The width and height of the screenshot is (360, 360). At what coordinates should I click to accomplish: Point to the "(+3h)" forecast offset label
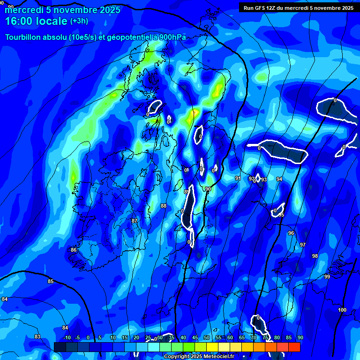(x=79, y=21)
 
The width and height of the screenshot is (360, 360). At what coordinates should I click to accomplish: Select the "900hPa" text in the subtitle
(x=171, y=37)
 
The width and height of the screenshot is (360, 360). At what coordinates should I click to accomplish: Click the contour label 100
(x=342, y=310)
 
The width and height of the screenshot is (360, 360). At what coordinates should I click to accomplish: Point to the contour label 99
(x=327, y=277)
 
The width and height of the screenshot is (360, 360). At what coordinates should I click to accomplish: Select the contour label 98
(x=315, y=256)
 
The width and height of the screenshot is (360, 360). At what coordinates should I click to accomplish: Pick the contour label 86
(x=73, y=250)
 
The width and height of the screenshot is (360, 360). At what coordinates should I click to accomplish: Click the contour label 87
(x=135, y=220)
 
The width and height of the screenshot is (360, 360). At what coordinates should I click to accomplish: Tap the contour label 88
(x=163, y=206)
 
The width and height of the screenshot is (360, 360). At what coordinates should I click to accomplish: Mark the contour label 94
(x=279, y=179)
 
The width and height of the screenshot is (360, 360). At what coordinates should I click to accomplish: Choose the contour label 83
(x=37, y=337)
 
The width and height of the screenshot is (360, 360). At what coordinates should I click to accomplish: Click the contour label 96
(x=291, y=233)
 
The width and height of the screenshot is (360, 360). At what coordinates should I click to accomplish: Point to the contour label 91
(x=238, y=178)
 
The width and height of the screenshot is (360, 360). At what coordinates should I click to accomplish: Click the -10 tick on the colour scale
(x=67, y=337)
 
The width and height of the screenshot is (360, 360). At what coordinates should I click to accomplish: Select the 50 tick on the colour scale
(x=207, y=337)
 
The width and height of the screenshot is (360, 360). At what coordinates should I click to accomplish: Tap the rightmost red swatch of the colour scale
(x=294, y=347)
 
